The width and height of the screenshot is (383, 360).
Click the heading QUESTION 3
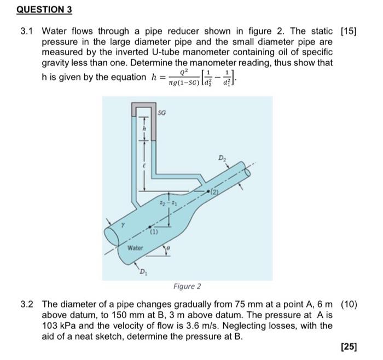[37, 10]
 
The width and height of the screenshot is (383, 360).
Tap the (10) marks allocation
[348, 305]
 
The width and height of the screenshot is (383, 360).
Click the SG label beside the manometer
[162, 112]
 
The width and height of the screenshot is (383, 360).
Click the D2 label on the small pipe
[222, 159]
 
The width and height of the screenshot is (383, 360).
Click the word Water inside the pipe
[135, 248]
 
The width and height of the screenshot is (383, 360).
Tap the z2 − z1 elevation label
[164, 204]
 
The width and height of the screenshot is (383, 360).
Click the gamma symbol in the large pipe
[124, 225]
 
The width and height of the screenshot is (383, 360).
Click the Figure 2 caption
[187, 286]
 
